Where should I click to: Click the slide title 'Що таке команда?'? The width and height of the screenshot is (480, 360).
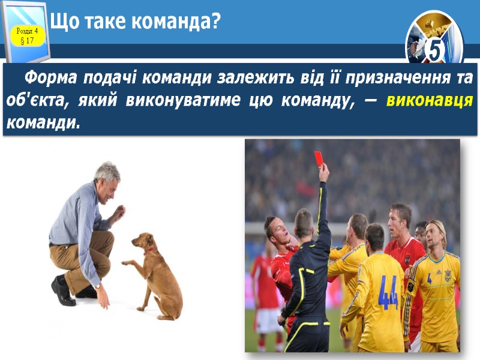coord(136,22)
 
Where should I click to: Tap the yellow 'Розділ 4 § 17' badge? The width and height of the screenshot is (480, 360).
coord(27,35)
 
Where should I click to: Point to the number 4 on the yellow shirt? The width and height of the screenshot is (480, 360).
coord(430,278)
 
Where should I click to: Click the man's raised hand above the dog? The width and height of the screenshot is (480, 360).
coord(120,212)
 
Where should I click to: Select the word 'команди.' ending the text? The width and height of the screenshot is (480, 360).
coord(42,122)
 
